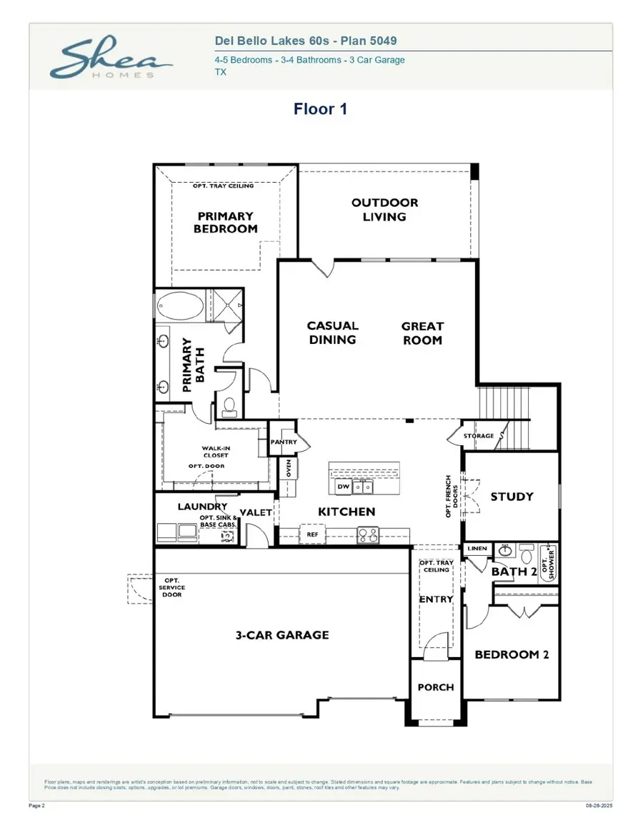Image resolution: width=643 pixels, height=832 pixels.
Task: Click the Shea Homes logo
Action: pyautogui.click(x=111, y=59)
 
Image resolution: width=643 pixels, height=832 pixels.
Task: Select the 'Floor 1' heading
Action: pyautogui.click(x=320, y=109)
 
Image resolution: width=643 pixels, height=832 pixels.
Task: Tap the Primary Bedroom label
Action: pyautogui.click(x=225, y=222)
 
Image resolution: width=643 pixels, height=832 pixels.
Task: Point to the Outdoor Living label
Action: pyautogui.click(x=384, y=210)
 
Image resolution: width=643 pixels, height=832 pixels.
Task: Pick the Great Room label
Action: pyautogui.click(x=422, y=333)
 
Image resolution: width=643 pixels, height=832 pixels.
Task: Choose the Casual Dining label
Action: pyautogui.click(x=332, y=333)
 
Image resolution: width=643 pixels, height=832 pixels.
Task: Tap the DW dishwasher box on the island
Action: pyautogui.click(x=342, y=487)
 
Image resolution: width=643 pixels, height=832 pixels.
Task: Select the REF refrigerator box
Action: pyautogui.click(x=312, y=534)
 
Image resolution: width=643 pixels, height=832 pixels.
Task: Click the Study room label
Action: pyautogui.click(x=512, y=497)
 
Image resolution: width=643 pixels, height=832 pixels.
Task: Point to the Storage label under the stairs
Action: pyautogui.click(x=478, y=436)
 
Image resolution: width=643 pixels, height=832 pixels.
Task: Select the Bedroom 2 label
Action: pyautogui.click(x=512, y=654)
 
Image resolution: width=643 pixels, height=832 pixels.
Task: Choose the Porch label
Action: pyautogui.click(x=435, y=687)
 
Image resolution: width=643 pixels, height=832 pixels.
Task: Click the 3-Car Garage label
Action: pyautogui.click(x=282, y=634)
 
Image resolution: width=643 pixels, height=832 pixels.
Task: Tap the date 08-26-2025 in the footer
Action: pyautogui.click(x=598, y=806)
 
